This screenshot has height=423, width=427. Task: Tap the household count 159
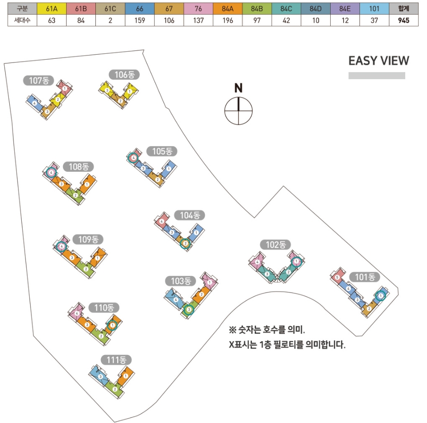pyautogui.click(x=139, y=20)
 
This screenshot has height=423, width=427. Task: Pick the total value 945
pyautogui.click(x=403, y=20)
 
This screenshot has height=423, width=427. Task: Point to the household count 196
pyautogui.click(x=227, y=20)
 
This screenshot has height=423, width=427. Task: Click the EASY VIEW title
pyautogui.click(x=378, y=61)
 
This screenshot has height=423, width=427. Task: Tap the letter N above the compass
pyautogui.click(x=238, y=88)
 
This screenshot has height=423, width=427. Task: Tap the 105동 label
pyautogui.click(x=162, y=151)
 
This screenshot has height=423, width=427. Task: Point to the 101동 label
pyautogui.click(x=364, y=277)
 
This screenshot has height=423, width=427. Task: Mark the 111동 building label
pyautogui.click(x=116, y=360)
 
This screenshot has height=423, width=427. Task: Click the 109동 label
pyautogui.click(x=88, y=239)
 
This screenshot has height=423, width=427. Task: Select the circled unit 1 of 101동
pyautogui.click(x=380, y=295)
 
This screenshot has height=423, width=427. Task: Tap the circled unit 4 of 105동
pyautogui.click(x=134, y=158)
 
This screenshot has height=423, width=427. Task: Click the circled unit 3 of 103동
pyautogui.click(x=188, y=310)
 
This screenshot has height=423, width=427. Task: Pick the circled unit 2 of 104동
pyautogui.click(x=185, y=243)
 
